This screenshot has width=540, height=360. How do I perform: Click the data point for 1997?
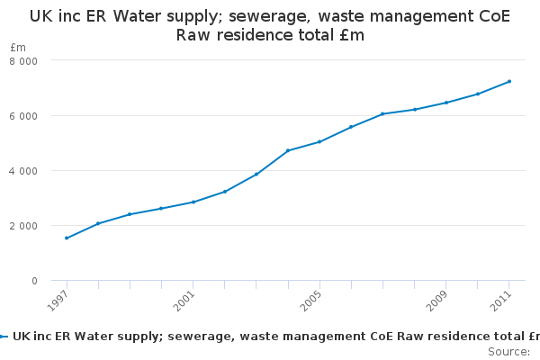click(x=67, y=238)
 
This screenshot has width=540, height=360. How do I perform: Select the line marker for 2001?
click(x=193, y=202)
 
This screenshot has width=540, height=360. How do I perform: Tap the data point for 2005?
click(x=319, y=141)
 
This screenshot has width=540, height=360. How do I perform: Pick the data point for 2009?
click(x=446, y=103)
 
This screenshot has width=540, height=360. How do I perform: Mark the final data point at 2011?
click(x=509, y=81)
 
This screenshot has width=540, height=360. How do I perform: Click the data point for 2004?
click(x=288, y=150)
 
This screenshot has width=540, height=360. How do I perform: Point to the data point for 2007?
click(x=382, y=113)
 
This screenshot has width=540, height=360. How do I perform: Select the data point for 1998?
click(x=98, y=223)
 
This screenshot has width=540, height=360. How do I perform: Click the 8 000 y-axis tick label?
click(x=23, y=61)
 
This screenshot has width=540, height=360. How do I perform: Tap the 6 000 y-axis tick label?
click(x=23, y=116)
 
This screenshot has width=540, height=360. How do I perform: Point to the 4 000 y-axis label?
click(x=23, y=171)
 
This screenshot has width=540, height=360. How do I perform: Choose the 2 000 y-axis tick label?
click(x=23, y=226)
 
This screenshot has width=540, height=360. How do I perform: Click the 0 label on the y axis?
click(x=34, y=281)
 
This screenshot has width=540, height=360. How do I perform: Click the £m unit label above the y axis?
click(x=18, y=47)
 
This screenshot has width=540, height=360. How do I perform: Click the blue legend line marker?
click(x=4, y=337)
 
